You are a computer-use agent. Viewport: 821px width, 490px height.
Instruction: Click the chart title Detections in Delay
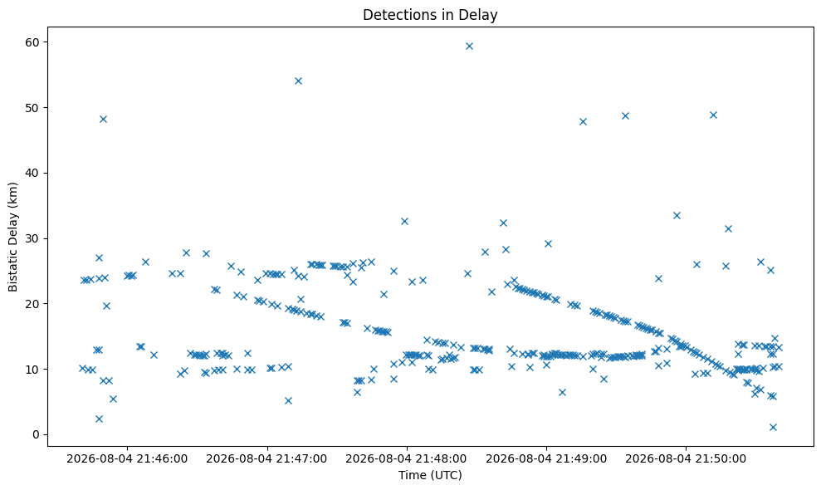coord(430,15)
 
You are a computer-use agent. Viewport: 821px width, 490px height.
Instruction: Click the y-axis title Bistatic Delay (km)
coord(13,237)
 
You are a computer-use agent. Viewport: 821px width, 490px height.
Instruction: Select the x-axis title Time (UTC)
coord(430,475)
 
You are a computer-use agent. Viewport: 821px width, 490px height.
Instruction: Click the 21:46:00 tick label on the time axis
coord(127,459)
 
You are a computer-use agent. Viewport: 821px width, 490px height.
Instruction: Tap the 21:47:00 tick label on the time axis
coord(267,459)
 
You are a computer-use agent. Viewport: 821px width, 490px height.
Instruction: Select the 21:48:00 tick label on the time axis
coord(406,459)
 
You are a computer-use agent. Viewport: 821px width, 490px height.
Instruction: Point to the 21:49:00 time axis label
coord(546,459)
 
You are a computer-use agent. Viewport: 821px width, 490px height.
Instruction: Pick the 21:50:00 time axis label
coord(686,459)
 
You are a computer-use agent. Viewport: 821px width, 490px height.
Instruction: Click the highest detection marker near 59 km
coord(469,47)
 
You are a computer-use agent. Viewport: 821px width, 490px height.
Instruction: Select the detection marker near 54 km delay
coord(299,81)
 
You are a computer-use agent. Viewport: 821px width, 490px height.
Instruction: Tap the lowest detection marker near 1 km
coord(773,427)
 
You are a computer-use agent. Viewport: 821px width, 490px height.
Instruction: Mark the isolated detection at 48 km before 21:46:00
coord(103,119)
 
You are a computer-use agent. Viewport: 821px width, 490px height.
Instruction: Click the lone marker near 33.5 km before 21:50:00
coord(677,215)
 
